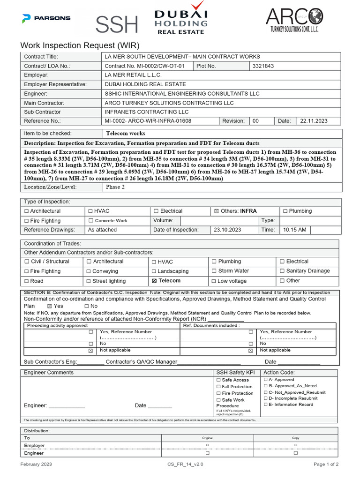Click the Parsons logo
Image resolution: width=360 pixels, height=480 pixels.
pyautogui.click(x=46, y=18)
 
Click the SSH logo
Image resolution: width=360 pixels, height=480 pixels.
pyautogui.click(x=117, y=22)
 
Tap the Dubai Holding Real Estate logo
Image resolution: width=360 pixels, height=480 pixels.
pyautogui.click(x=181, y=18)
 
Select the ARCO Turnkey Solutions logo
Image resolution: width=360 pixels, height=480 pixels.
pyautogui.click(x=294, y=21)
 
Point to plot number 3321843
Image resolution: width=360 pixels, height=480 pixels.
pyautogui.click(x=263, y=66)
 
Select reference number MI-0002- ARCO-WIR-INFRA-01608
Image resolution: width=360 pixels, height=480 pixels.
pyautogui.click(x=148, y=121)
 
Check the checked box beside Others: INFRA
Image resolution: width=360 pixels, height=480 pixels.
pyautogui.click(x=216, y=211)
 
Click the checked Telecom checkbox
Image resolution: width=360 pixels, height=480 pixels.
pyautogui.click(x=154, y=281)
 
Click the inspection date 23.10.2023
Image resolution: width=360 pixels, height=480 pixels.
pyautogui.click(x=227, y=230)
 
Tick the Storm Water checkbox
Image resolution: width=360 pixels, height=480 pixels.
pyautogui.click(x=214, y=271)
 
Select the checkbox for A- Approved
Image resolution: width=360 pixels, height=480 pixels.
pyautogui.click(x=266, y=380)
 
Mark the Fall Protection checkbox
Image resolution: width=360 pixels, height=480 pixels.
pyautogui.click(x=218, y=387)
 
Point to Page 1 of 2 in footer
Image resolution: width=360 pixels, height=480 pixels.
pyautogui.click(x=326, y=464)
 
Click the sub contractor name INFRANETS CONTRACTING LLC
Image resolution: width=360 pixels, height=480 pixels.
pyautogui.click(x=146, y=112)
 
